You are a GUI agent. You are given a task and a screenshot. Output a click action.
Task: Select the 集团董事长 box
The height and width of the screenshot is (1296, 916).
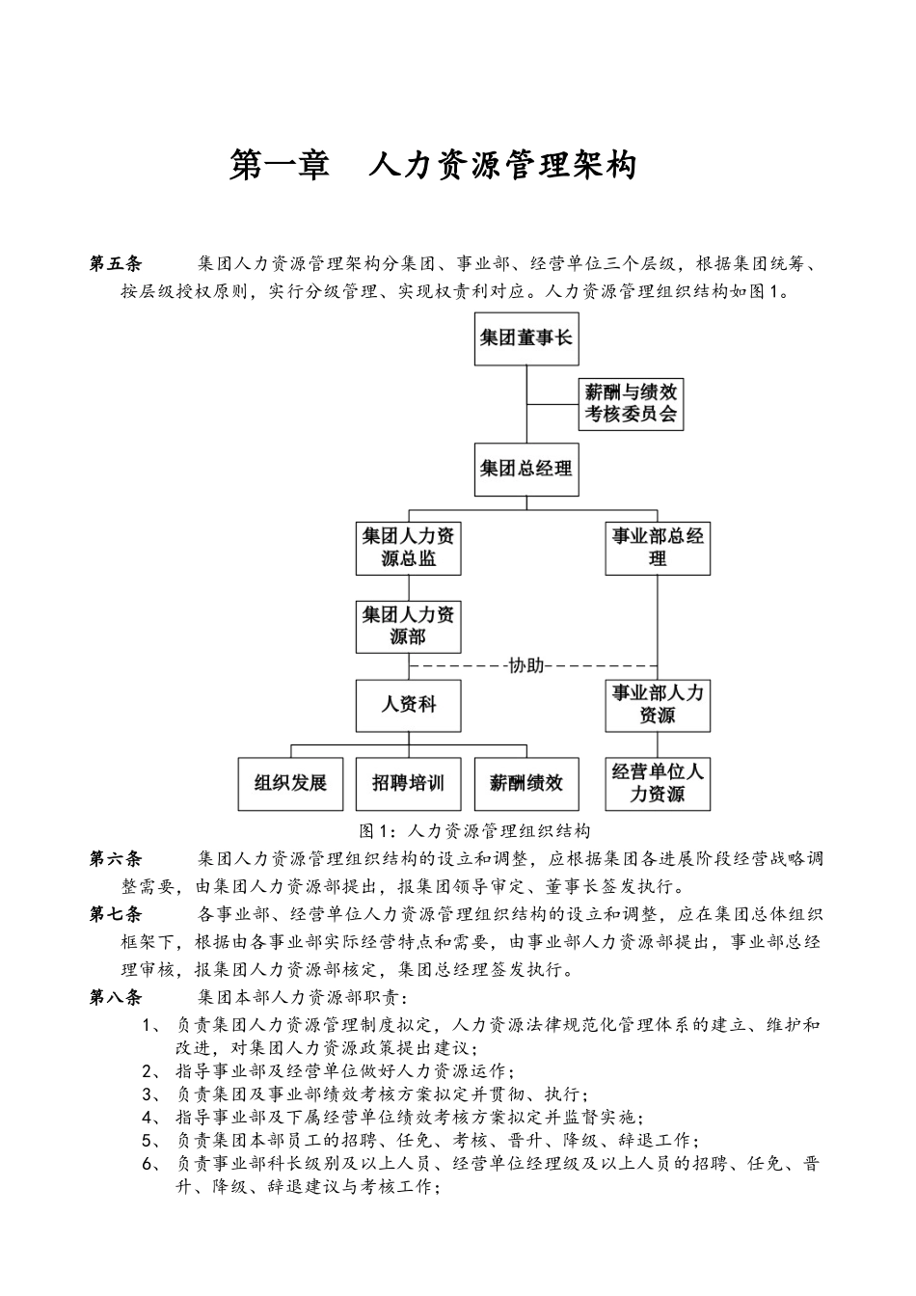click(525, 338)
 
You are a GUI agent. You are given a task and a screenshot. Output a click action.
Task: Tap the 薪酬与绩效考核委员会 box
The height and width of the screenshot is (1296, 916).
click(631, 403)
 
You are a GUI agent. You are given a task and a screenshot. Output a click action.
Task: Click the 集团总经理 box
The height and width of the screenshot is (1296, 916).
click(525, 470)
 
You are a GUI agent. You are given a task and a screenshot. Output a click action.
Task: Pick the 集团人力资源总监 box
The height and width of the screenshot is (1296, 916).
click(408, 548)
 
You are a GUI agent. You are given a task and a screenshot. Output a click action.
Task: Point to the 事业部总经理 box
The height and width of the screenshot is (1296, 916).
click(658, 548)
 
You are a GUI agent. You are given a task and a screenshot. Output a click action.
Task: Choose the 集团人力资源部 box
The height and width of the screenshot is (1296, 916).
click(408, 626)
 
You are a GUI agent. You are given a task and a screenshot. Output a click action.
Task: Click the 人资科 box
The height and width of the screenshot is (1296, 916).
click(408, 705)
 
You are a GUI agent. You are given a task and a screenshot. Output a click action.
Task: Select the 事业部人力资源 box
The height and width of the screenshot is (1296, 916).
click(658, 705)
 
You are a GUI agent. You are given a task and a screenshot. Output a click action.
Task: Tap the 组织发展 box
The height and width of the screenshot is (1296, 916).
click(290, 783)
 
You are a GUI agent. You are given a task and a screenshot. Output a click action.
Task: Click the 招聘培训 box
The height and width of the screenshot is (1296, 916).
click(408, 783)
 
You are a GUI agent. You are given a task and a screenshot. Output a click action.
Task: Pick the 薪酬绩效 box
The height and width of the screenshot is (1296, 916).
click(525, 783)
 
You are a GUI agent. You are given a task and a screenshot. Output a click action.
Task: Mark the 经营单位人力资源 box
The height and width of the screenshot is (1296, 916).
click(658, 783)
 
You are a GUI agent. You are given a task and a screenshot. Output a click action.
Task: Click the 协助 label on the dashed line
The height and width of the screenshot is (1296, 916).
click(525, 665)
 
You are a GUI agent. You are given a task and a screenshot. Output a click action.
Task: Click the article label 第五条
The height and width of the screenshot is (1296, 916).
click(115, 263)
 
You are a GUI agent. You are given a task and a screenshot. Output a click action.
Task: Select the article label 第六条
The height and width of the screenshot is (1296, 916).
click(115, 858)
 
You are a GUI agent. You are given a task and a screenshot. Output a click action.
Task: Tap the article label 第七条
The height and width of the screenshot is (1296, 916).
click(115, 914)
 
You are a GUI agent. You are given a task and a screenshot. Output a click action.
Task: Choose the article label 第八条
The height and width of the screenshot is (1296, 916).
click(115, 997)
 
